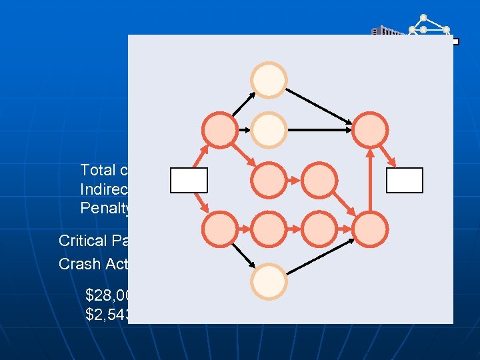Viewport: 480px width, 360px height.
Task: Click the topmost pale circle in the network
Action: pyautogui.click(x=269, y=80)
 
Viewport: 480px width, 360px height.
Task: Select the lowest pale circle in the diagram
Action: pyautogui.click(x=269, y=280)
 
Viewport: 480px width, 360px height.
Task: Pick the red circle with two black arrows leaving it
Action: pyautogui.click(x=219, y=129)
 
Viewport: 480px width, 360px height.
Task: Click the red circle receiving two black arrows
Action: pyautogui.click(x=370, y=129)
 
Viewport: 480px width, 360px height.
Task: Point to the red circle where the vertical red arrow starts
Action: pyautogui.click(x=370, y=229)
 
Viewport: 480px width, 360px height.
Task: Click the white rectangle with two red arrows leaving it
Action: pyautogui.click(x=189, y=180)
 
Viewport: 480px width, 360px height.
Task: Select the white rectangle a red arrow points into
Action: pyautogui.click(x=405, y=180)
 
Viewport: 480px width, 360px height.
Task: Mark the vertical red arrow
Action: pyautogui.click(x=370, y=179)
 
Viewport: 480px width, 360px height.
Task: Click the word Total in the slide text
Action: pyautogui.click(x=100, y=169)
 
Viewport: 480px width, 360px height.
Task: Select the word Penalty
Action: pyautogui.click(x=103, y=207)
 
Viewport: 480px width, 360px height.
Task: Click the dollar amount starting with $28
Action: pyautogui.click(x=107, y=294)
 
